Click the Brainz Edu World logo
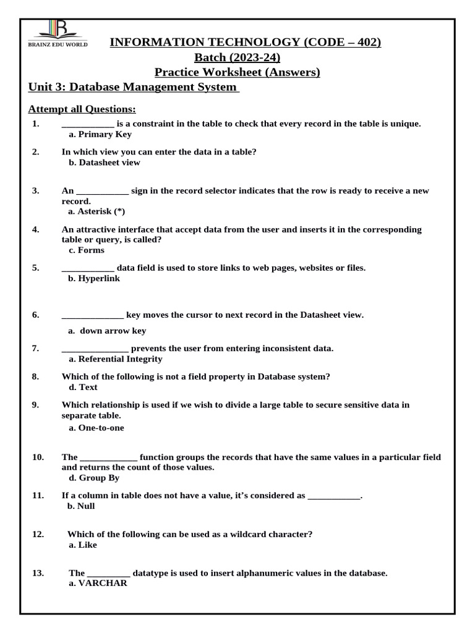coord(60,33)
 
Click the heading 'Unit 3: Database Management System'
coord(134,87)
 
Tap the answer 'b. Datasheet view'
coord(104,163)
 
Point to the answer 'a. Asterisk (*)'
coord(96,211)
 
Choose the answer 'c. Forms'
coord(86,250)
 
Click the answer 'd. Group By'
coord(94,478)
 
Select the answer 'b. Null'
coord(81,506)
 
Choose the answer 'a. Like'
coord(83,545)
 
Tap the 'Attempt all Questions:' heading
coord(82,109)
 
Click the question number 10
coord(38,457)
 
